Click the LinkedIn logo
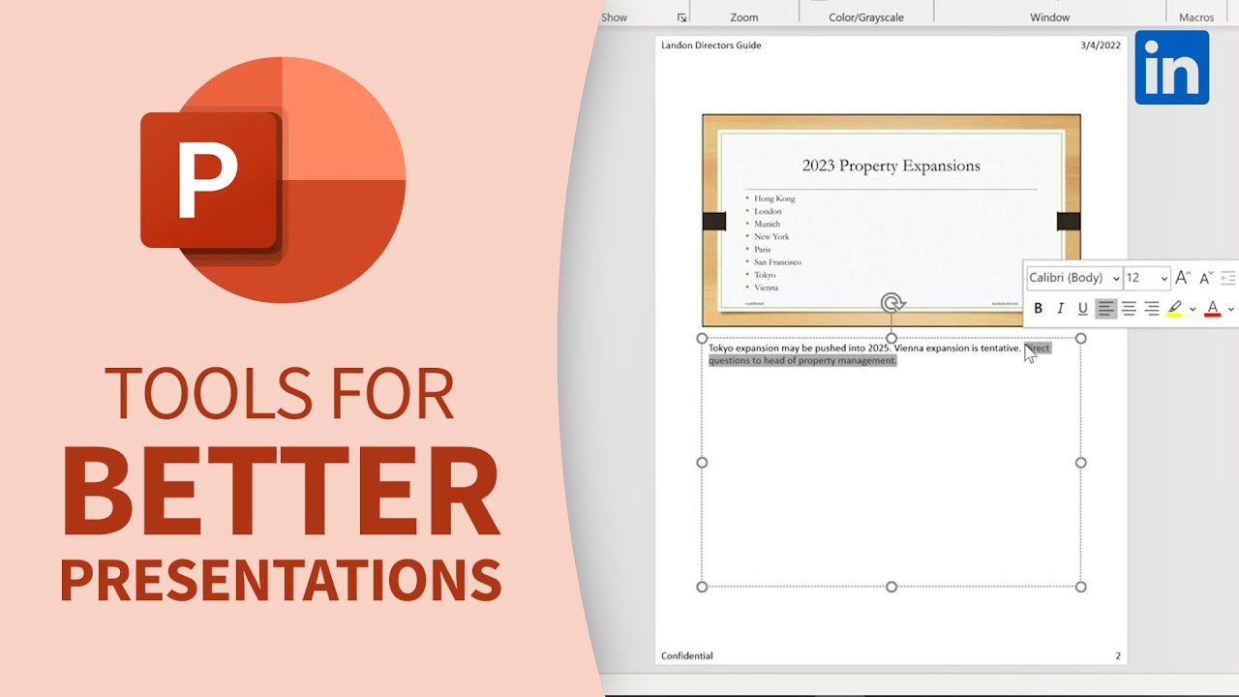click(1171, 67)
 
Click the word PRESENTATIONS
click(281, 579)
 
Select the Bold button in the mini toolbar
click(1039, 309)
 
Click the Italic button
click(1061, 309)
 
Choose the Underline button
click(1083, 309)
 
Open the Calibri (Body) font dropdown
click(1073, 278)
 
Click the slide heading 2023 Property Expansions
click(891, 166)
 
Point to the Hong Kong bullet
click(774, 198)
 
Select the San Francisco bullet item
click(777, 262)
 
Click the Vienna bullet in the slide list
click(766, 288)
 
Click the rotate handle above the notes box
click(892, 304)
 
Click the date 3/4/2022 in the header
click(1101, 45)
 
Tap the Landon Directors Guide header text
click(710, 45)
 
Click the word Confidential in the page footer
click(686, 655)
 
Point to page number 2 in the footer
click(1117, 655)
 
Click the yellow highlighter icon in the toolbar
click(1175, 308)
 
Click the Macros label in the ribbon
click(1196, 17)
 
